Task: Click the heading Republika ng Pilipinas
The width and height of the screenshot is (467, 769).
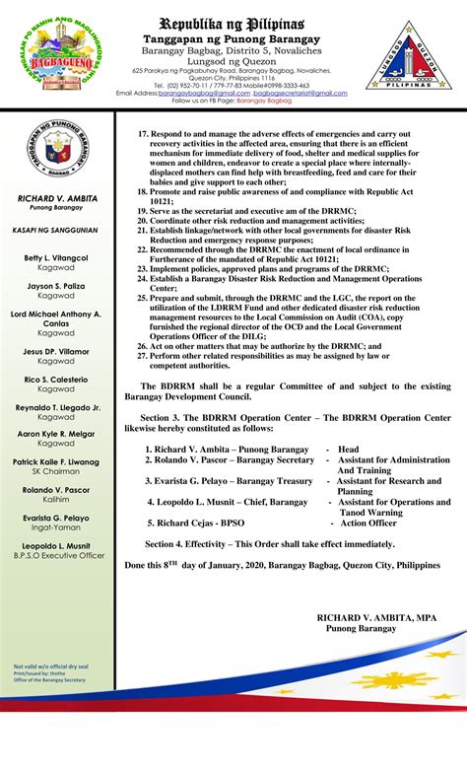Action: click(x=233, y=21)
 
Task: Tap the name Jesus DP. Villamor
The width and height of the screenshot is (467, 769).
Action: click(x=55, y=351)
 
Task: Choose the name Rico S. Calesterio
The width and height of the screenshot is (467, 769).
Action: click(x=55, y=379)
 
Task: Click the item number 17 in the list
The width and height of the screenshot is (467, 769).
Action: click(x=142, y=131)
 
